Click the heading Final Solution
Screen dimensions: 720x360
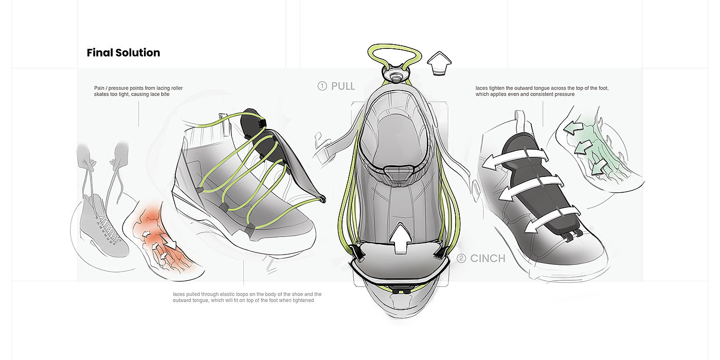(x=123, y=53)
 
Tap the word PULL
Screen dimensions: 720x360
(x=343, y=86)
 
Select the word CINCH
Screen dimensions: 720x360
(x=488, y=258)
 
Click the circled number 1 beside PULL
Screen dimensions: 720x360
(x=322, y=86)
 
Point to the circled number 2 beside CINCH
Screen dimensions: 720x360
(x=461, y=258)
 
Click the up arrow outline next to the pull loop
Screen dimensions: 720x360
(x=440, y=64)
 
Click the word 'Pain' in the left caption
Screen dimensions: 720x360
(x=99, y=88)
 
